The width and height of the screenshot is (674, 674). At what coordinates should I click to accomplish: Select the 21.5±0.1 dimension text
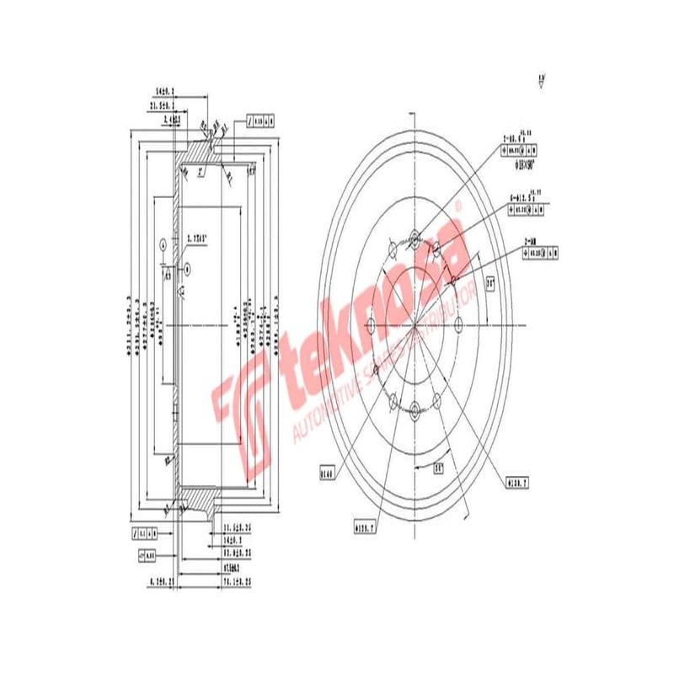click(161, 107)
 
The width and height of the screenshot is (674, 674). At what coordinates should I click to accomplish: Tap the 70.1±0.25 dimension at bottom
click(238, 580)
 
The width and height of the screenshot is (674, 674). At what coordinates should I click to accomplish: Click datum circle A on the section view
click(161, 245)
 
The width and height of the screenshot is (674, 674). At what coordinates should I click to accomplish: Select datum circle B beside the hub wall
click(188, 267)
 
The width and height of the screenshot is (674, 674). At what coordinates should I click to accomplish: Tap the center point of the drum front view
click(415, 326)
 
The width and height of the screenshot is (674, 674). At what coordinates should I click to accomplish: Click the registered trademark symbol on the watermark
click(458, 205)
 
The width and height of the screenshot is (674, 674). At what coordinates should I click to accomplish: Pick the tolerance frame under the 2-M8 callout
click(542, 252)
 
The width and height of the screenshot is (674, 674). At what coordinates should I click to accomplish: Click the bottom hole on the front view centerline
click(415, 410)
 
